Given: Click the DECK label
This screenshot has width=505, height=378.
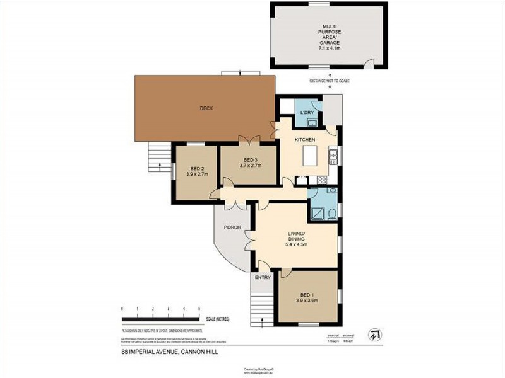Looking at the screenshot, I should pyautogui.click(x=206, y=108).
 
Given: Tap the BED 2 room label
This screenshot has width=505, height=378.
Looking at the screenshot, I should pyautogui.click(x=197, y=169).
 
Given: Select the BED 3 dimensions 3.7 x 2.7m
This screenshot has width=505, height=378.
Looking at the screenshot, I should pyautogui.click(x=250, y=166).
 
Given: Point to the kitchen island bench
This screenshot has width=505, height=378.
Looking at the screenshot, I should pyautogui.click(x=309, y=156).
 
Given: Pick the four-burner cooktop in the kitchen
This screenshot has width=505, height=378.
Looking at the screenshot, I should pyautogui.click(x=322, y=180).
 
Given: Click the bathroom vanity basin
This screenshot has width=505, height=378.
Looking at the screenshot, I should pyautogui.click(x=333, y=191).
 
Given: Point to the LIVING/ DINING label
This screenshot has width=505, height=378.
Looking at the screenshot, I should pyautogui.click(x=296, y=236).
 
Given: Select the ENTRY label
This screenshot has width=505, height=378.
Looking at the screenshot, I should pyautogui.click(x=263, y=277).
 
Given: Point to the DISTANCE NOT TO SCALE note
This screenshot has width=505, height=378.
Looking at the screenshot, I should pyautogui.click(x=329, y=81).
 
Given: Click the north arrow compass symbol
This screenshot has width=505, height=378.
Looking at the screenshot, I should pyautogui.click(x=375, y=333).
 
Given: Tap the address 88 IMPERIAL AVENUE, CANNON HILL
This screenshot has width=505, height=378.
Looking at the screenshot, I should pyautogui.click(x=169, y=352).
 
